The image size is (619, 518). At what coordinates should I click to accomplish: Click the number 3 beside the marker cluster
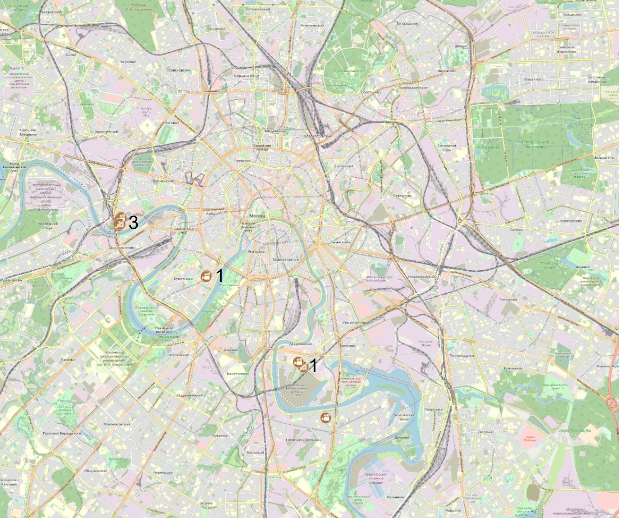tap(133, 222)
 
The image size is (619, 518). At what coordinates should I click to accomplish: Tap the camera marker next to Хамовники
tap(206, 276)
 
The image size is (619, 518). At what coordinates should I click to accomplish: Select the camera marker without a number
tap(326, 418)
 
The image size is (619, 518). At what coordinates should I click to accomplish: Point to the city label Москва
tap(261, 216)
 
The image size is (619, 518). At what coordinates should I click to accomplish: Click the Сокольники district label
tap(371, 93)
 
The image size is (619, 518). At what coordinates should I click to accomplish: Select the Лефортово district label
tap(402, 195)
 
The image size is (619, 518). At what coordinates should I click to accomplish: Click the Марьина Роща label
tap(246, 76)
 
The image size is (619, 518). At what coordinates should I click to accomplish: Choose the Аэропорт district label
tap(129, 61)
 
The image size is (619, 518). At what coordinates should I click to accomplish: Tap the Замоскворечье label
tap(286, 260)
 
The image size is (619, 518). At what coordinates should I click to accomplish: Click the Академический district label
tap(189, 395)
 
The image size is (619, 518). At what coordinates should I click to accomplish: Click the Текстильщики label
tap(461, 355)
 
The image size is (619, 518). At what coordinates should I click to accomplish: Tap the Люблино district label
tap(485, 432)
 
